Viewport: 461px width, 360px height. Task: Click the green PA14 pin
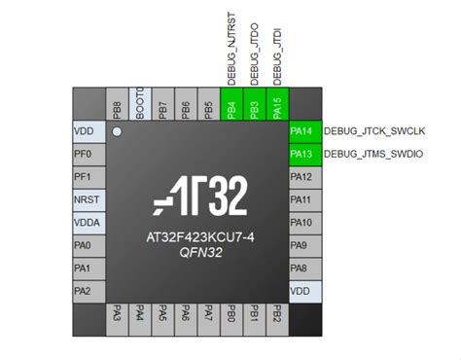[x=301, y=130]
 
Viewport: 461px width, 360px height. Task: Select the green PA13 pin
[x=301, y=154]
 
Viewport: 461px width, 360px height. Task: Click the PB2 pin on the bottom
[x=276, y=314]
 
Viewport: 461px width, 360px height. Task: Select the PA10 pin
[x=301, y=222]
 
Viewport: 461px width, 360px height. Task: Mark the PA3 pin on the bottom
[x=117, y=314]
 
